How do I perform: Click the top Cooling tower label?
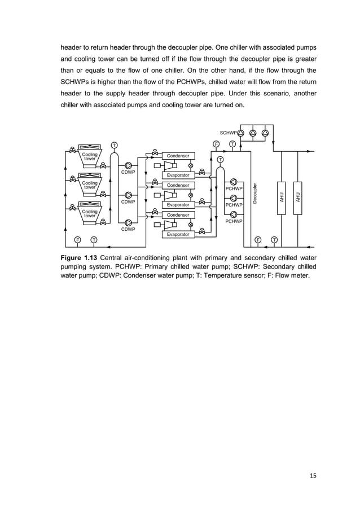coord(90,156)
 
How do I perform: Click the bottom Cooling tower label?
coord(90,213)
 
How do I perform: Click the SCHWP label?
coord(227,133)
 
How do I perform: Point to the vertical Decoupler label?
coord(255,194)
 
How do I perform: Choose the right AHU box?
coord(298,198)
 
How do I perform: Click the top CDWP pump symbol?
coord(129,165)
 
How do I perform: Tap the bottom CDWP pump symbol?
coord(129,222)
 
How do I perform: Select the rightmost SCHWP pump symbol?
coord(265,133)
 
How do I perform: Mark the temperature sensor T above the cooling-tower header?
coord(114,145)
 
